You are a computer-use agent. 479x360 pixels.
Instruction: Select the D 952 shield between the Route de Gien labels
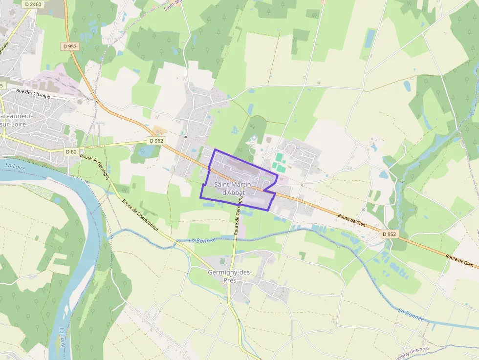(x=389, y=234)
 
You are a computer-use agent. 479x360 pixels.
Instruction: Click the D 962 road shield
(x=156, y=141)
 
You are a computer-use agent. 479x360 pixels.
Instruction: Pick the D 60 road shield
(x=71, y=152)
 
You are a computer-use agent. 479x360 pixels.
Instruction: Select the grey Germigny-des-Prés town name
(x=229, y=276)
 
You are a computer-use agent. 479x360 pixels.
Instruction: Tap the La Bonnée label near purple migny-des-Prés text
(x=410, y=314)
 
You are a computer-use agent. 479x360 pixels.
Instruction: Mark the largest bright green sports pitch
(x=279, y=157)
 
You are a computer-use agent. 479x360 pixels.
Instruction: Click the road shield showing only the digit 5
(x=1, y=85)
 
